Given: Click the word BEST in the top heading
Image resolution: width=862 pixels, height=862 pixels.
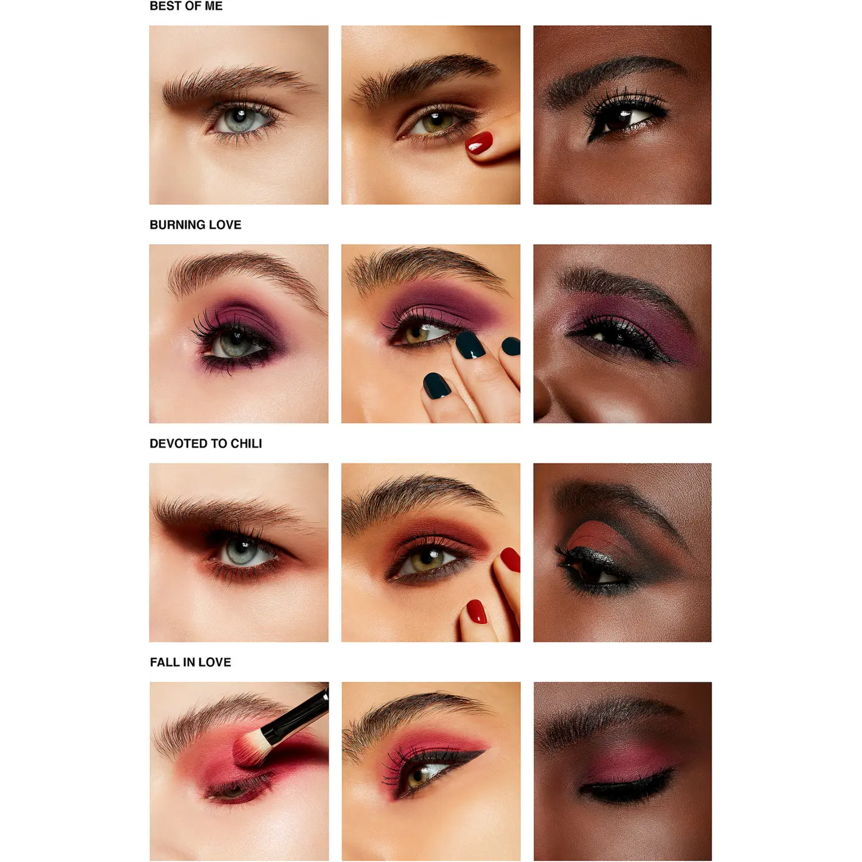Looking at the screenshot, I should click(x=165, y=6).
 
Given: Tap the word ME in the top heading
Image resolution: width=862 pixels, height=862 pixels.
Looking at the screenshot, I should click(x=213, y=6).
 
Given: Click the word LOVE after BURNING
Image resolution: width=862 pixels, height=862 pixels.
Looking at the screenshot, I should click(x=225, y=225).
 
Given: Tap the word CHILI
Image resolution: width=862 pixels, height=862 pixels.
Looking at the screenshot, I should click(x=246, y=444).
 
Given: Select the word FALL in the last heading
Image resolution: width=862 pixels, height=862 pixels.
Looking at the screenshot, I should click(x=164, y=662).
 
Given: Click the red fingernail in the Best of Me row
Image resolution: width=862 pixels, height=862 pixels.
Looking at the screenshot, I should click(x=479, y=142).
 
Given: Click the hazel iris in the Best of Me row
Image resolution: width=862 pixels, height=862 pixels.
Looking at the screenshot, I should click(x=434, y=122).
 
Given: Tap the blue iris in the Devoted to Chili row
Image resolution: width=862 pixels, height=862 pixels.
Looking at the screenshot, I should click(x=242, y=551).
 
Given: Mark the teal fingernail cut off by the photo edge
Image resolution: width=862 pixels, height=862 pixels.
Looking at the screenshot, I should click(x=511, y=346).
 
